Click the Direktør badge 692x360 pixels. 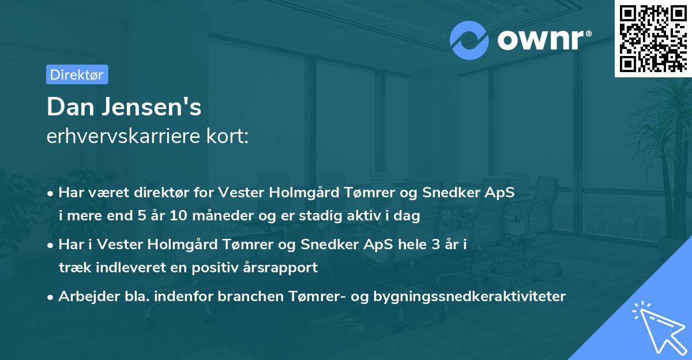(77, 74)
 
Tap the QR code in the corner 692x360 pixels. (653, 38)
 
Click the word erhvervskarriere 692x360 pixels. (123, 136)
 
